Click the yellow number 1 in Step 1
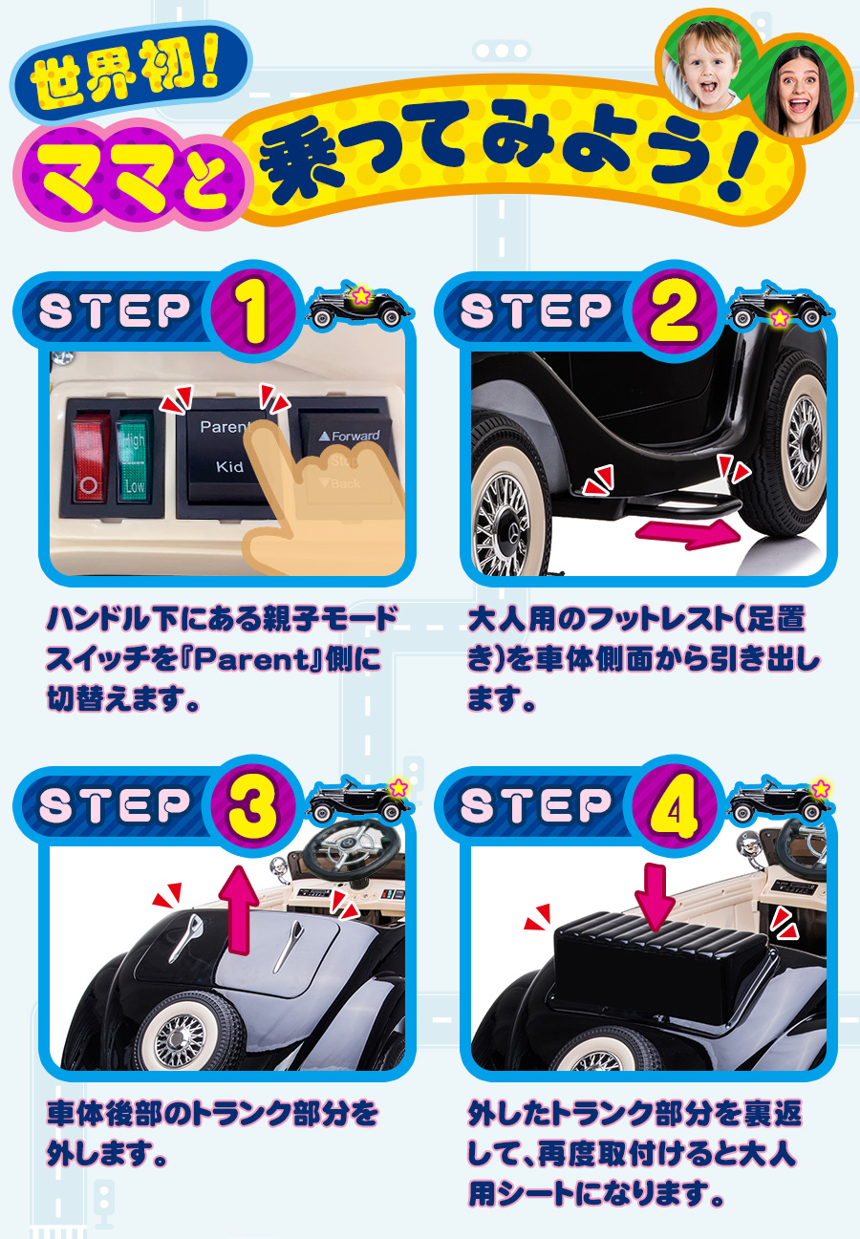[x=253, y=312]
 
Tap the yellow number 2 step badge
[x=675, y=312]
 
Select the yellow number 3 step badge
[x=253, y=806]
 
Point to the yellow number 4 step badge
[x=675, y=806]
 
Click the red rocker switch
[x=88, y=454]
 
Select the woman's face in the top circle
[x=798, y=85]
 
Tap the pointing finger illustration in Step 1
[x=306, y=497]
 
